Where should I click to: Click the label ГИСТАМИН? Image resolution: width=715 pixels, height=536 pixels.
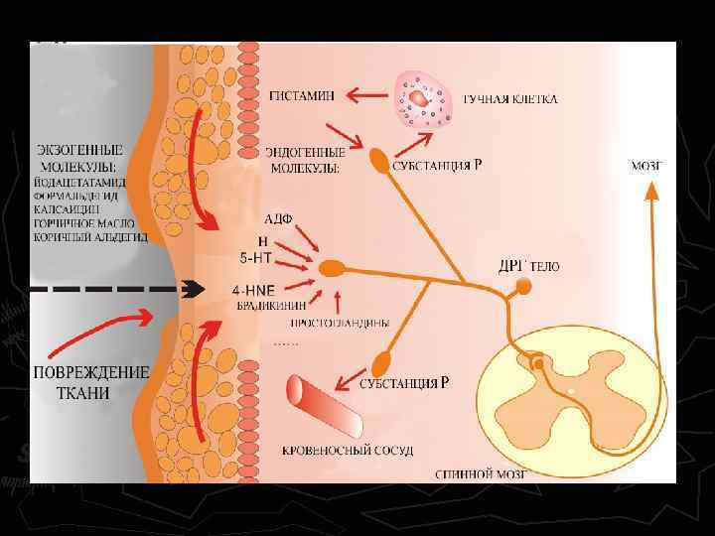click(x=304, y=97)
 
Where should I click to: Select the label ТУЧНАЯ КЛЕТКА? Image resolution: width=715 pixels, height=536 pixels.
click(x=510, y=99)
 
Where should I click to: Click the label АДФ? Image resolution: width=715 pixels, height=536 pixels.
click(x=278, y=218)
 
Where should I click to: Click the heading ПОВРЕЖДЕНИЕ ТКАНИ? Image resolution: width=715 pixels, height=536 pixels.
click(x=92, y=382)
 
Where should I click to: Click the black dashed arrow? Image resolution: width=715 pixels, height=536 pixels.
click(x=129, y=290)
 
